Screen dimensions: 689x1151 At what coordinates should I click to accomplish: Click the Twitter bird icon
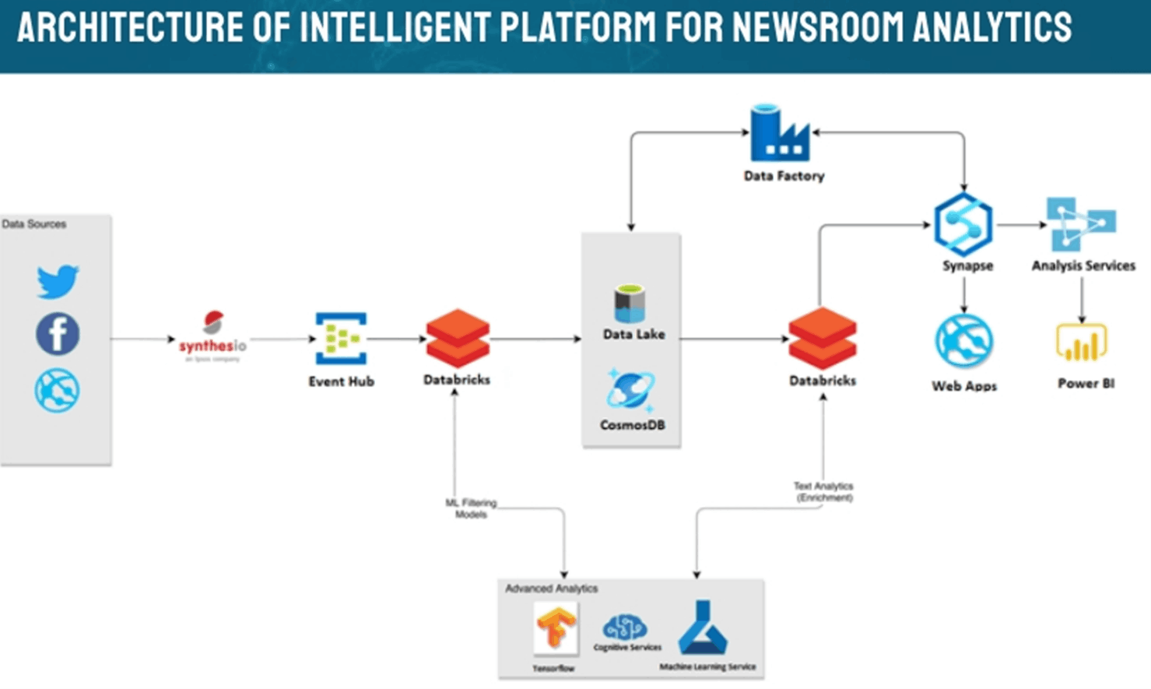[58, 281]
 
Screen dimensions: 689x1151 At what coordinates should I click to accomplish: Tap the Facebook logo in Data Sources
[58, 334]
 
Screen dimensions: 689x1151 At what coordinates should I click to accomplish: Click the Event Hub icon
[341, 339]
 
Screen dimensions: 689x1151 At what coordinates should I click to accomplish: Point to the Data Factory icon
[780, 134]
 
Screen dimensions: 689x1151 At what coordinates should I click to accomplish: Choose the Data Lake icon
[630, 304]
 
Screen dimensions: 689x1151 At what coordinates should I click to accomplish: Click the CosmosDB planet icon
[631, 390]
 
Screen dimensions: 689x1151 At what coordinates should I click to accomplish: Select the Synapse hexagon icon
[963, 225]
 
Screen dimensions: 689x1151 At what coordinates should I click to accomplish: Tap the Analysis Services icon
[1081, 224]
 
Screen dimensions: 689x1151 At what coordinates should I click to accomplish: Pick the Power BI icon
[1081, 343]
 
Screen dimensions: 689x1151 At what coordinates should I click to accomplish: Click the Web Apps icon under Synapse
[963, 341]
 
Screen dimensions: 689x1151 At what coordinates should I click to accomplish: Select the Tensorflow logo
[556, 627]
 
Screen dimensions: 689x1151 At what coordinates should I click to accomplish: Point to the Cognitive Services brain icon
[625, 627]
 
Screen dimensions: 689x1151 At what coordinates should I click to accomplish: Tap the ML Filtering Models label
[471, 508]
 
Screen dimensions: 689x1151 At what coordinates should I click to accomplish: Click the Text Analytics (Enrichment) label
[823, 491]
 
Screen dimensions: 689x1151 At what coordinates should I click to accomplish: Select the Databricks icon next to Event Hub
[458, 338]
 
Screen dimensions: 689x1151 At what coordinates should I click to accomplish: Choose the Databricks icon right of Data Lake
[823, 338]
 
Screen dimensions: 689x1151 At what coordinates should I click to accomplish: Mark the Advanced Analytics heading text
[551, 589]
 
